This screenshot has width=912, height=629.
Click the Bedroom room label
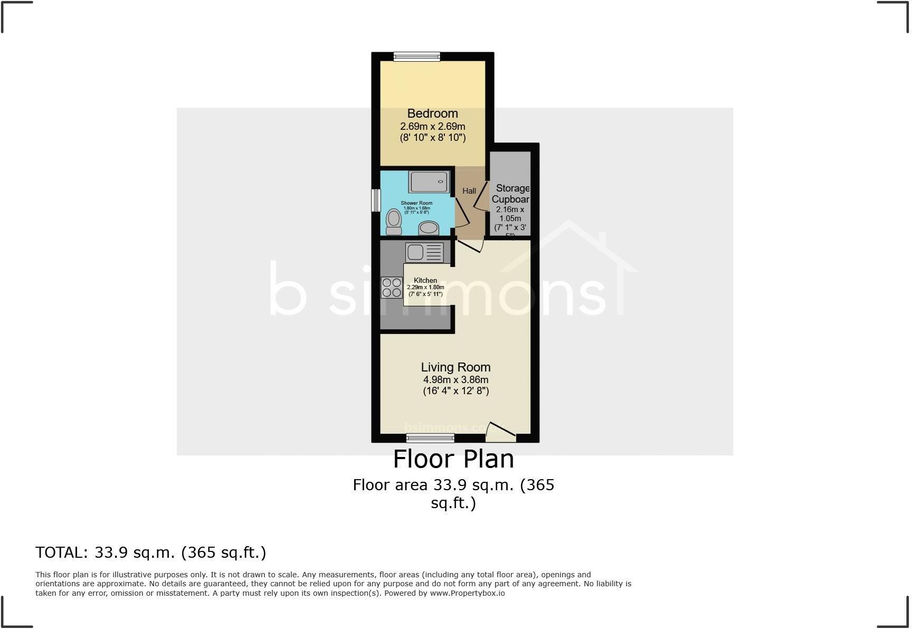pos(432,113)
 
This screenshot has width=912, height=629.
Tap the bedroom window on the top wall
pos(416,56)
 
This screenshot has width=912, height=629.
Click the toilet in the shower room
pos(393,222)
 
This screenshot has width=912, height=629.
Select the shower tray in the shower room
pos(428,182)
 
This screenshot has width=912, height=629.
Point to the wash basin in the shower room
pos(429,228)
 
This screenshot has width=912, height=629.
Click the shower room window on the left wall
pos(376,201)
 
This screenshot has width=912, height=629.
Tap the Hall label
pos(469,191)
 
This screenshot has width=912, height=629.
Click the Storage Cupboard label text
pos(511,194)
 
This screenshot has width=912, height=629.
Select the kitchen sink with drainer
pos(424,252)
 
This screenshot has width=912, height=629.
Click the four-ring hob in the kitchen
pos(392,288)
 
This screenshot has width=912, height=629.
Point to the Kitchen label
pos(425,280)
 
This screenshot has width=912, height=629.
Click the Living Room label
pos(455,367)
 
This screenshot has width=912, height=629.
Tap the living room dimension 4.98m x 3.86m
pos(455,380)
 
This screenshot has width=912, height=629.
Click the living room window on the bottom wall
pos(430,437)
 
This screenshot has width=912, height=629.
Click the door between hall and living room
pos(470,245)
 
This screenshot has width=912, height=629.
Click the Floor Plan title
pos(453,459)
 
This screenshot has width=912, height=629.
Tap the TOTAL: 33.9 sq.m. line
pos(150,552)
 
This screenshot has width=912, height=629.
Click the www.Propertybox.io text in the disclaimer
pos(467,593)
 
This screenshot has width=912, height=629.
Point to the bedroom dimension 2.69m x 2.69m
pos(432,127)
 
